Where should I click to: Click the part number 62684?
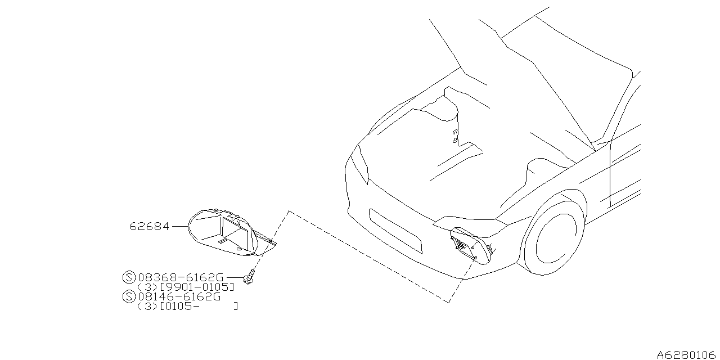click(149, 227)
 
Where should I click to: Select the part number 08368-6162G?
click(181, 277)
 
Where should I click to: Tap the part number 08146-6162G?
click(179, 296)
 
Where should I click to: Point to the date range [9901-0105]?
click(197, 287)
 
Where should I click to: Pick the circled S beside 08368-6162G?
click(129, 277)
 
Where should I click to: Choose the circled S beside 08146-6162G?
click(129, 296)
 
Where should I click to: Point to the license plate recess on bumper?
click(395, 231)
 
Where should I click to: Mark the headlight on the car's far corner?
click(360, 165)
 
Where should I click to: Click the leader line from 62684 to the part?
click(180, 226)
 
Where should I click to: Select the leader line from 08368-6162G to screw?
click(236, 277)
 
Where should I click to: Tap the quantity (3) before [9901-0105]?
click(148, 287)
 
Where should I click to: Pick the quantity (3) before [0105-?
click(148, 307)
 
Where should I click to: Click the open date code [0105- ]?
click(199, 307)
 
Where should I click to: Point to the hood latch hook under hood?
click(455, 136)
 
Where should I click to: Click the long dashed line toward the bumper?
click(368, 256)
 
